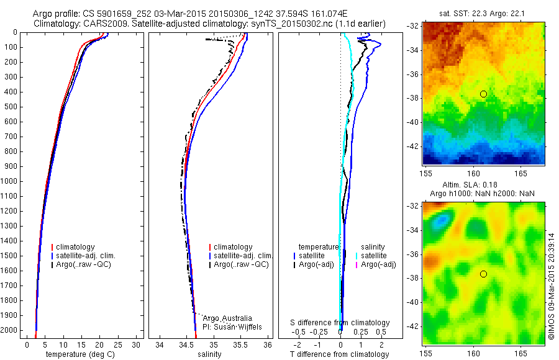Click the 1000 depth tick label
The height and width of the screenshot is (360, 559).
[x=11, y=181]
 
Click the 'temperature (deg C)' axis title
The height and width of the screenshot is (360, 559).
[x=80, y=354]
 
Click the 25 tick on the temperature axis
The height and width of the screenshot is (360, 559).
[x=118, y=344]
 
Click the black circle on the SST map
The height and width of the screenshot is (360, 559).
[x=483, y=94]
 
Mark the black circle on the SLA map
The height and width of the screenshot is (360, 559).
[x=483, y=274]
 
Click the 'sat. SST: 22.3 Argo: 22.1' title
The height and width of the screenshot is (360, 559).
[x=481, y=13]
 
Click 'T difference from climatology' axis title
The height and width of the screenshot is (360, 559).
[x=340, y=354]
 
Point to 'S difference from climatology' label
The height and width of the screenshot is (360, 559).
[x=340, y=323]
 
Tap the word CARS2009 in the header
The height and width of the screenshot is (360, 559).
[x=104, y=24]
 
